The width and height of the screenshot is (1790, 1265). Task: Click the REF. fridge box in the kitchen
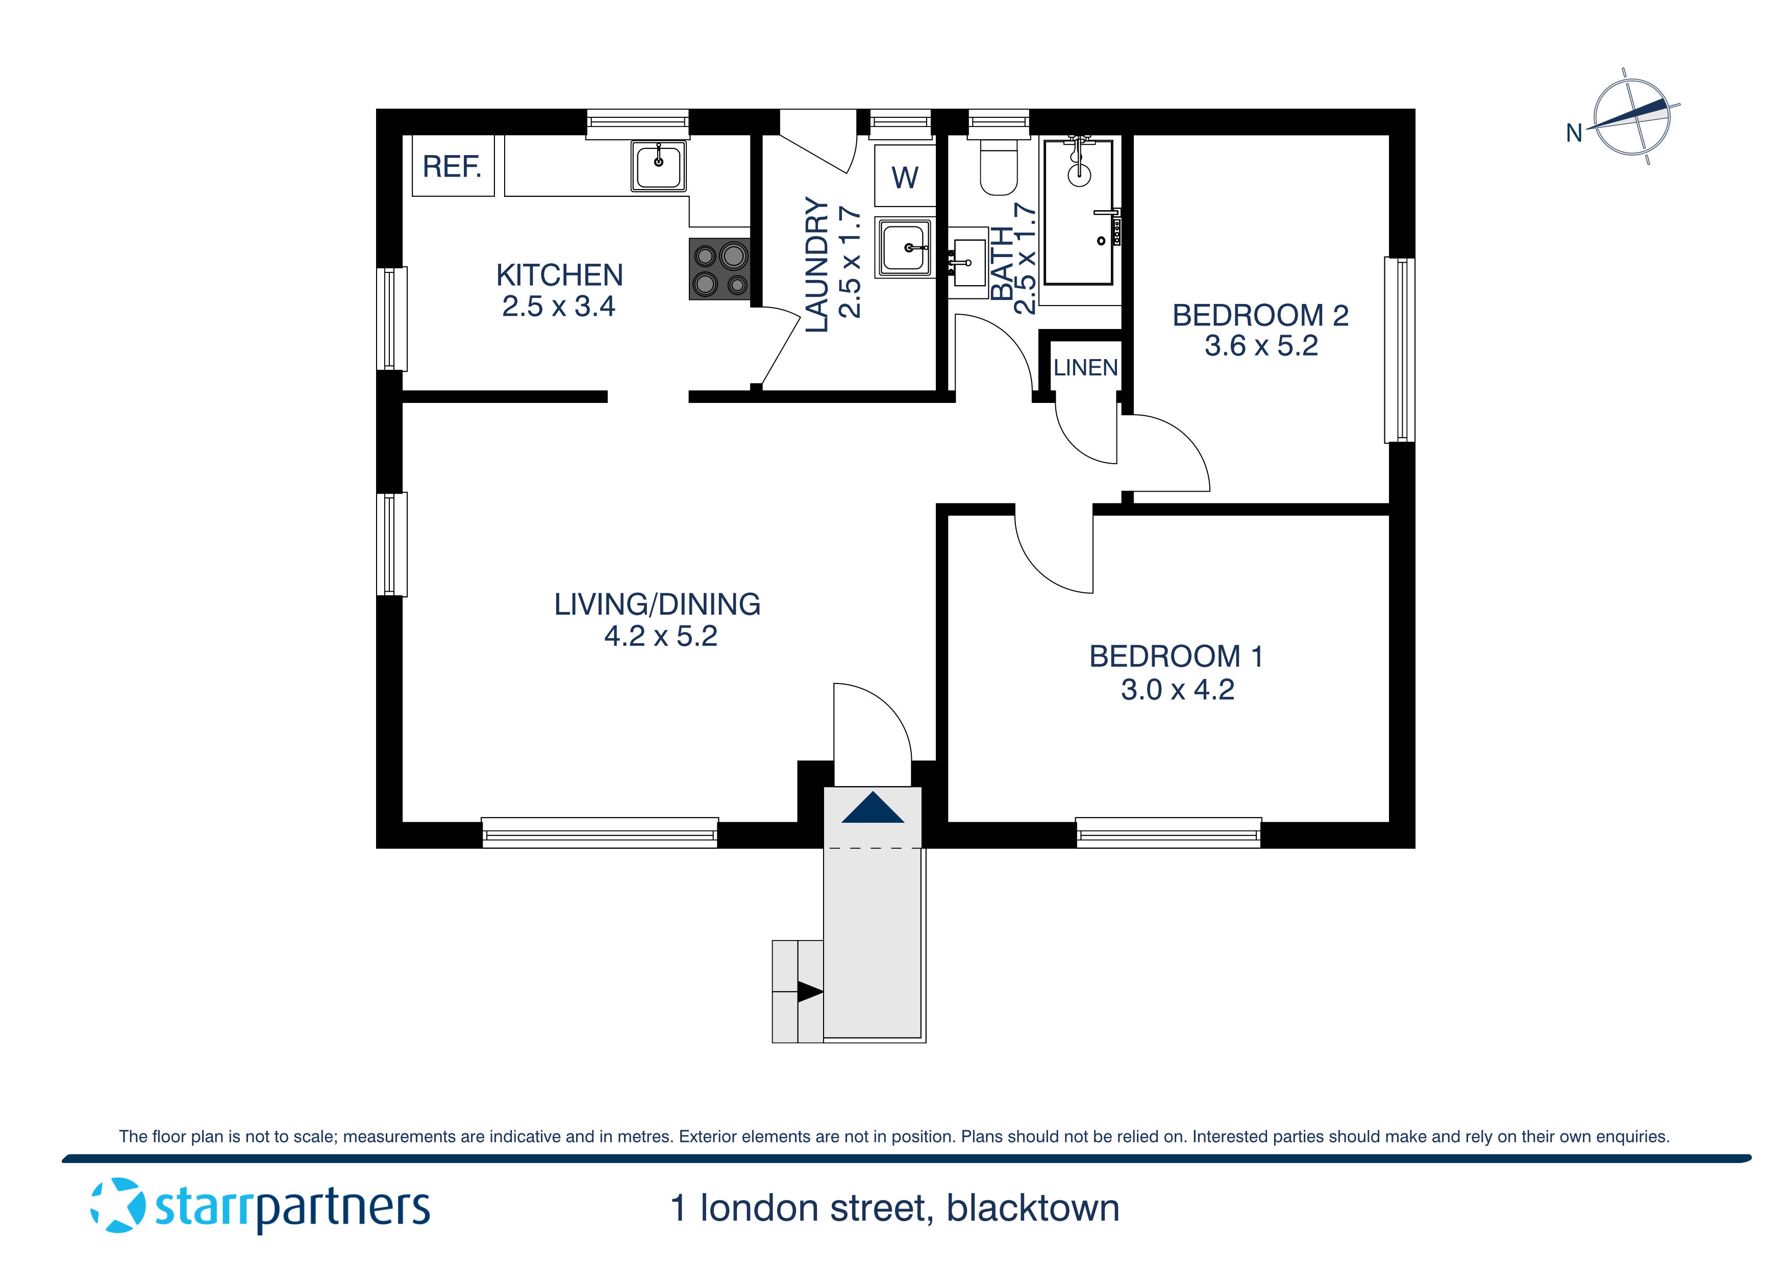[x=452, y=165]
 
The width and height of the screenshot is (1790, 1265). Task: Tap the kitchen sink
[x=659, y=165]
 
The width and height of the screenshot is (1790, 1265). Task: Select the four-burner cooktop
[x=719, y=269]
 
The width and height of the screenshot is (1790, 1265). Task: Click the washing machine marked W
[x=904, y=177]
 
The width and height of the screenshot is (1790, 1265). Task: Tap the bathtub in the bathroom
[x=1078, y=212]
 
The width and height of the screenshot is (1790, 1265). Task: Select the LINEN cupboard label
[x=1085, y=367]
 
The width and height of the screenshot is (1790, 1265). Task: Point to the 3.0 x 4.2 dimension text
[x=1177, y=690]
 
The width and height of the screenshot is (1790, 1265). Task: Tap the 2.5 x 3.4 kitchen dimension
[x=558, y=307]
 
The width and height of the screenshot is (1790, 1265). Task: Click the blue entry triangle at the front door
[x=873, y=808]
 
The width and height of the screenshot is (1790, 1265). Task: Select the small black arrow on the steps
[x=809, y=992]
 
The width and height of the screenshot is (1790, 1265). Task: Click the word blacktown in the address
[x=1032, y=1208]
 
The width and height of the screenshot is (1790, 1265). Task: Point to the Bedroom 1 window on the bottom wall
[x=1168, y=833]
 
